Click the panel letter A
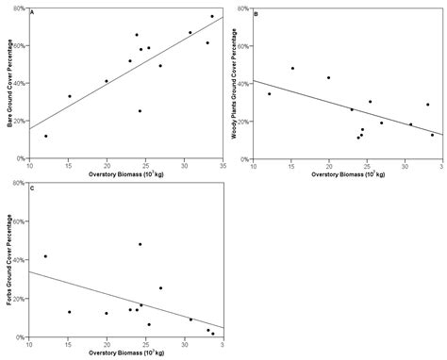[33, 13]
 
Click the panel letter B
[257, 13]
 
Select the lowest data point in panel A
[45, 137]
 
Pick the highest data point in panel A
[211, 16]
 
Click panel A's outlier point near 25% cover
[140, 111]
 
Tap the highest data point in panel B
[292, 68]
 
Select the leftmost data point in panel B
[269, 94]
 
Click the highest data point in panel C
[140, 244]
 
